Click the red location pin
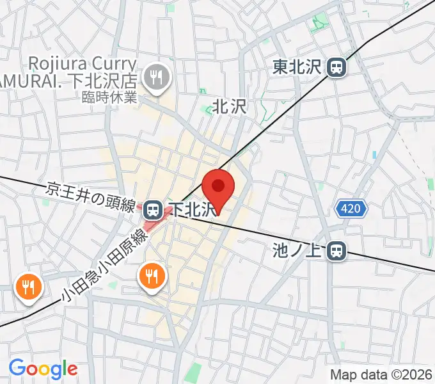(x=219, y=187)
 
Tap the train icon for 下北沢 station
(x=152, y=209)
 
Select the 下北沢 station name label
(x=191, y=210)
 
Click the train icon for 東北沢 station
(x=336, y=67)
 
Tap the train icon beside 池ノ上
(x=336, y=252)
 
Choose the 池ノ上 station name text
(x=298, y=248)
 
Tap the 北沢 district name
(x=229, y=106)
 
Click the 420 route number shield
(x=351, y=208)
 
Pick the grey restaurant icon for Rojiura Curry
(x=155, y=79)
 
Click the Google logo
(x=43, y=369)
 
